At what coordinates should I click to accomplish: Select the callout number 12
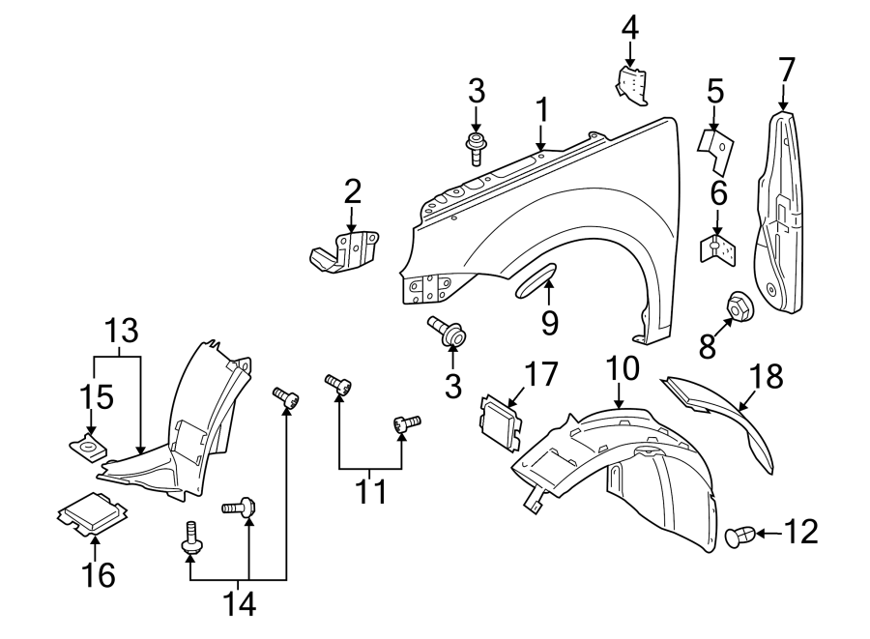coord(801,531)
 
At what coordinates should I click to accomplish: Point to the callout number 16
coord(99,574)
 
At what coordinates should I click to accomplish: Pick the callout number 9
coord(550,322)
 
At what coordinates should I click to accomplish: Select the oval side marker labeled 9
coord(536,281)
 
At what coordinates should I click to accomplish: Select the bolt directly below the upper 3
coord(476,149)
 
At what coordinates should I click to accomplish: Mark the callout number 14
coord(239,603)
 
